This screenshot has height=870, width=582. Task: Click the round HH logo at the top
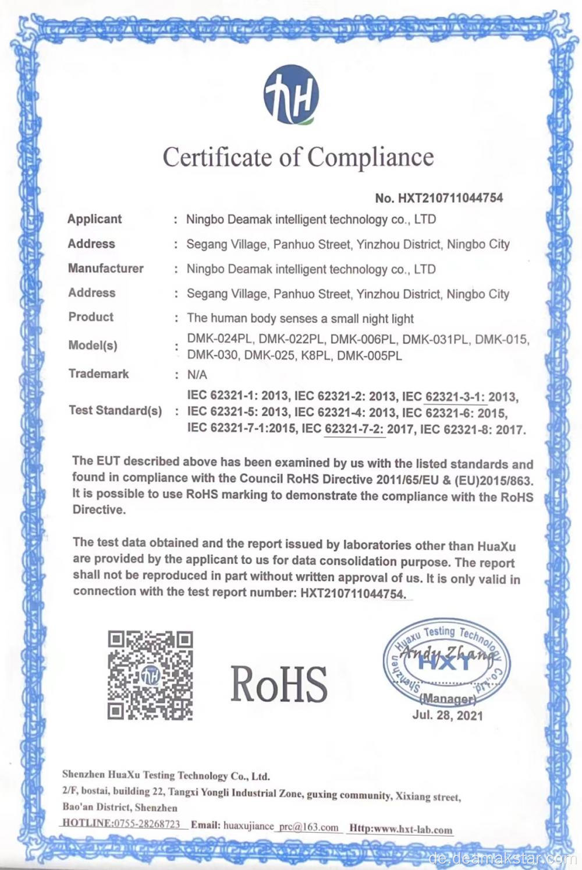point(292,96)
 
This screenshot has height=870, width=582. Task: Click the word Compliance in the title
point(370,157)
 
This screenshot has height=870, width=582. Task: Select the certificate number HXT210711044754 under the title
point(450,198)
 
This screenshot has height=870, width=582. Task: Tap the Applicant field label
point(94,219)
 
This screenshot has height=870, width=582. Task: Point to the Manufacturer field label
point(105,269)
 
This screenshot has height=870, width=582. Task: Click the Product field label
point(91,317)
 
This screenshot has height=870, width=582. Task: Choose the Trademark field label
point(98,374)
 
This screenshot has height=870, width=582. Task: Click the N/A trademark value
point(197,375)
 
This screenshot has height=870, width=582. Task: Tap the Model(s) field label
point(93,345)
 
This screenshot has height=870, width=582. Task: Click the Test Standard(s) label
point(115,410)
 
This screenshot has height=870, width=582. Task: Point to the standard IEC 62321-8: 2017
point(472,430)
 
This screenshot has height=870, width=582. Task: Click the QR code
point(150,675)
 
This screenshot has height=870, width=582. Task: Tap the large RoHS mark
point(279,683)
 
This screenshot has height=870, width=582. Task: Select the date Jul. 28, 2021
point(447,715)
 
